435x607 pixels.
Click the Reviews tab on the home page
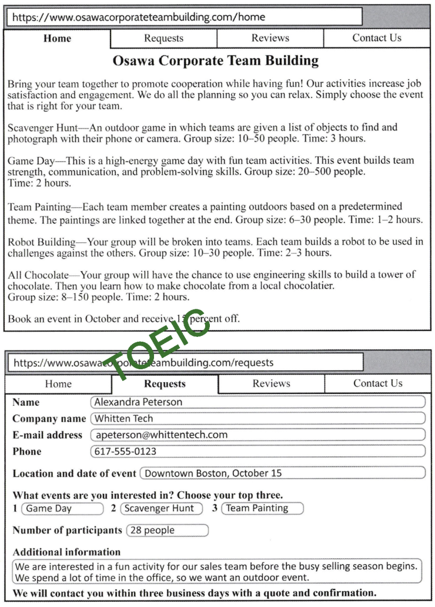point(270,38)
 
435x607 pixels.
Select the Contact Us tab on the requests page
point(377,383)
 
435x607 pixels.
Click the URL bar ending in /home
point(183,17)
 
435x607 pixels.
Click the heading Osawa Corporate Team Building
point(215,60)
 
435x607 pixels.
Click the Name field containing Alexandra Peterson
point(257,402)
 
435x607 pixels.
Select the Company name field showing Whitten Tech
point(257,419)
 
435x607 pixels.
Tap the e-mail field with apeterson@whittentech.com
point(257,435)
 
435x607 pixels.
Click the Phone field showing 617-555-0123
point(257,451)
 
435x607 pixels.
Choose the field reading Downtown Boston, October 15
point(282,473)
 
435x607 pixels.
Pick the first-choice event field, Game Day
point(62,508)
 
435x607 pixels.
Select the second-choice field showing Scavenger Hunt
point(161,508)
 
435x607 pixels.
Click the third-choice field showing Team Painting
point(262,508)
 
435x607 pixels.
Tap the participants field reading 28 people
point(168,530)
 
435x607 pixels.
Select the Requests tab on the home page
point(163,38)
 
